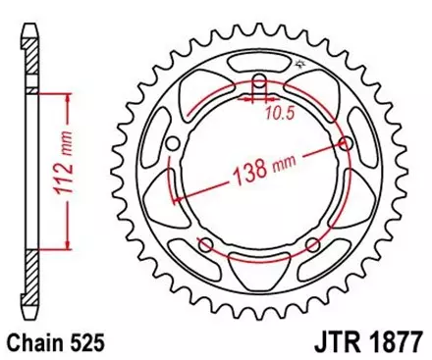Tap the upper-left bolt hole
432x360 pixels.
pos(174,144)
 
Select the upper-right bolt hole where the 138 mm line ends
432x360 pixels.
pos(347,143)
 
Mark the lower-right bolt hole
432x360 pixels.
pos(313,244)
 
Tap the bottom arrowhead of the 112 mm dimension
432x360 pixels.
pos(68,244)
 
